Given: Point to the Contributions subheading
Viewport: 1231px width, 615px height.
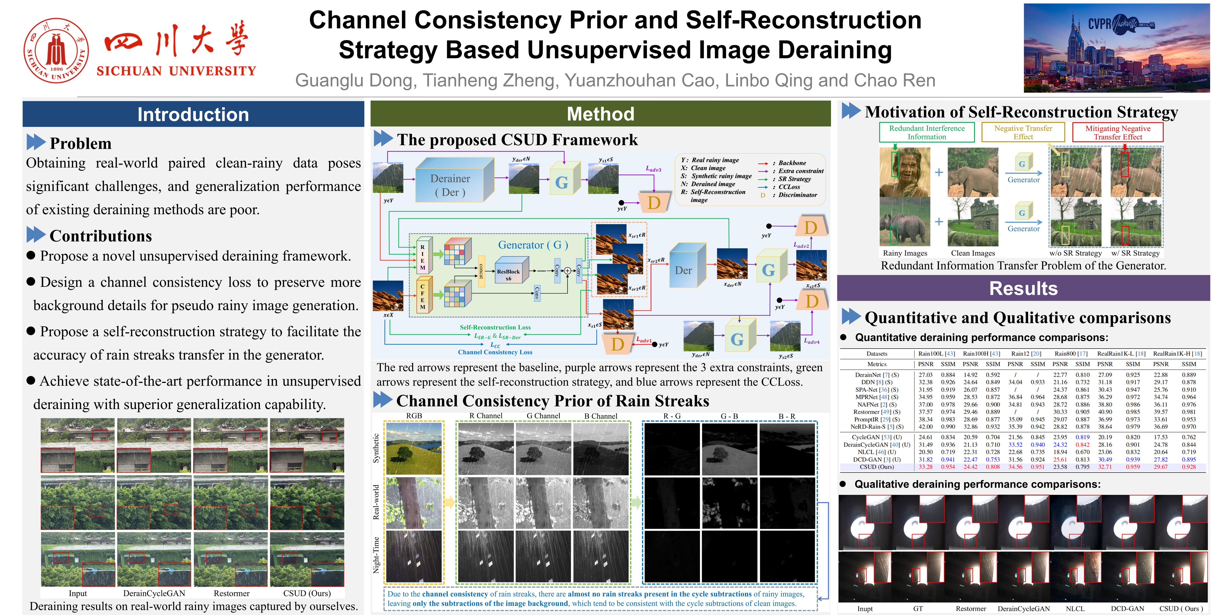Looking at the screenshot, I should tap(100, 236).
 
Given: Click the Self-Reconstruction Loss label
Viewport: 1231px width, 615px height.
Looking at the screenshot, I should tap(495, 327).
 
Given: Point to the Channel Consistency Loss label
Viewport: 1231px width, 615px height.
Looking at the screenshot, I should tap(495, 352).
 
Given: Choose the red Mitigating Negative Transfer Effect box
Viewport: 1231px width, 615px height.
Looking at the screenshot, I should tap(1118, 132).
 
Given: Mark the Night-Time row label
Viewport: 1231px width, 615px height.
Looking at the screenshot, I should tap(376, 555).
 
